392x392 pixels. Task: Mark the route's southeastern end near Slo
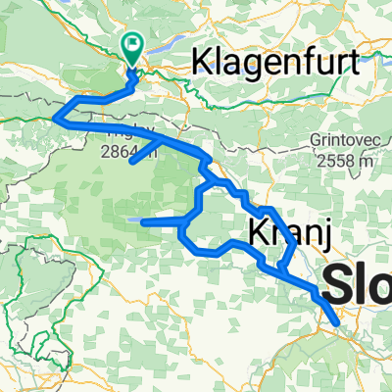(336, 320)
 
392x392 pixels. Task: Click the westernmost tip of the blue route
(56, 119)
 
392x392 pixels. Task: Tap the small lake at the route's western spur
(137, 222)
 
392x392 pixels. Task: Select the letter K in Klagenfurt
(201, 64)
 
